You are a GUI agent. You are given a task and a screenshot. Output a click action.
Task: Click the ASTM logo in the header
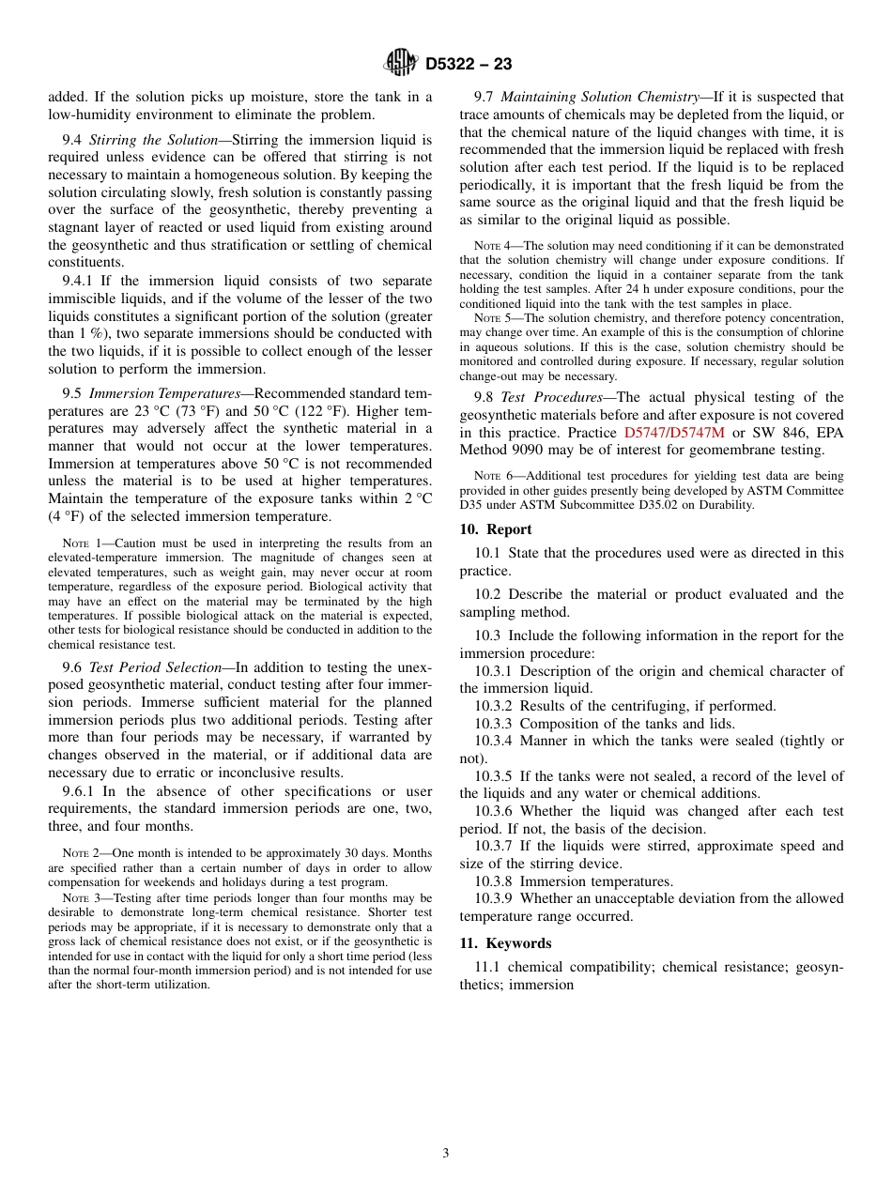point(401,64)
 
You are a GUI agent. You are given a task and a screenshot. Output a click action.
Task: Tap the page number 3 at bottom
point(446,1154)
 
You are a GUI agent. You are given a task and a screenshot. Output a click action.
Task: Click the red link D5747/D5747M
point(675,433)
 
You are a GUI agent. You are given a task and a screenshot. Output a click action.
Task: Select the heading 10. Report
point(496,529)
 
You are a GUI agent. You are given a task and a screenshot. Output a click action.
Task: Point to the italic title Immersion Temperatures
point(164,393)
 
